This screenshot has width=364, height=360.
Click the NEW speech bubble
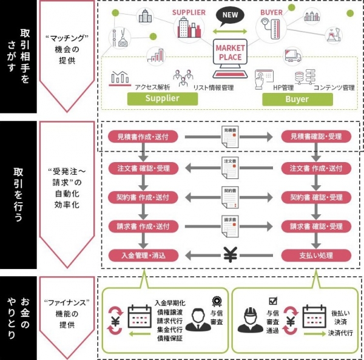[231, 15]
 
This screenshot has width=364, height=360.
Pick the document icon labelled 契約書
[230, 197]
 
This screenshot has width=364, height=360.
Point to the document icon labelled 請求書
[230, 226]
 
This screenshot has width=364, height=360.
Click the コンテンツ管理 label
[334, 87]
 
